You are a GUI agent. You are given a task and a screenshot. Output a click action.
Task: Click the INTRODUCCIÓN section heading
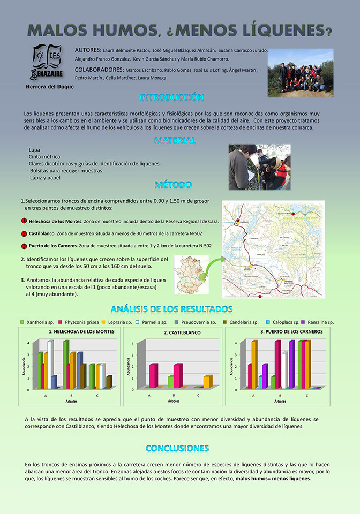coord(171,97)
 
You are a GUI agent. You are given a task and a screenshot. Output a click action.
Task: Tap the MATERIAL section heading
coord(175,141)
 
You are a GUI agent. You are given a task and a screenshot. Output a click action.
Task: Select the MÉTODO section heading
coord(173,185)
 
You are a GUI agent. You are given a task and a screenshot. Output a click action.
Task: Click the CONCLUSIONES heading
coord(177,448)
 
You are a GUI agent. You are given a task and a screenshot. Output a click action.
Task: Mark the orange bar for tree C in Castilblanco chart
coord(208,381)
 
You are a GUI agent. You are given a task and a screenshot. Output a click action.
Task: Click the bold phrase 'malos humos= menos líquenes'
coord(273,479)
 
